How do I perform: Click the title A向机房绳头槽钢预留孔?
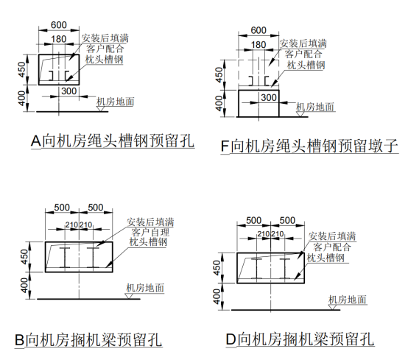click(x=113, y=141)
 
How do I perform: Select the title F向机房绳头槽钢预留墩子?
click(x=309, y=146)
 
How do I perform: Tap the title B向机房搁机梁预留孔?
click(x=88, y=339)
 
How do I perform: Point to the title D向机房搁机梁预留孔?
click(x=300, y=339)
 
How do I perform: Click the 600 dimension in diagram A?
click(x=59, y=25)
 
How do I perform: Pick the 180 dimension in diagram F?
click(x=258, y=45)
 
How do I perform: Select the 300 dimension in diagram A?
click(x=69, y=91)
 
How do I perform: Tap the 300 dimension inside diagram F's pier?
click(x=269, y=97)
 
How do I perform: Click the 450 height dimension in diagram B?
click(x=24, y=257)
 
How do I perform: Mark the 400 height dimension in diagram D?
click(x=217, y=297)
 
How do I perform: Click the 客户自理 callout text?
click(x=150, y=232)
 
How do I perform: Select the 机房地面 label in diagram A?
click(x=116, y=102)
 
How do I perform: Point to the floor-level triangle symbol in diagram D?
click(x=333, y=307)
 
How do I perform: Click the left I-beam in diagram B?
click(x=65, y=258)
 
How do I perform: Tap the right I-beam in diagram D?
click(x=285, y=269)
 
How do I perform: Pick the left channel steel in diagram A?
click(x=52, y=75)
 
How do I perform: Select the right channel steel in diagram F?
click(x=267, y=81)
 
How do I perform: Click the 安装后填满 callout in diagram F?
click(x=303, y=43)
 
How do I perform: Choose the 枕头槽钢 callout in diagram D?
click(x=326, y=258)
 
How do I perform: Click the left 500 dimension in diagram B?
click(x=62, y=208)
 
